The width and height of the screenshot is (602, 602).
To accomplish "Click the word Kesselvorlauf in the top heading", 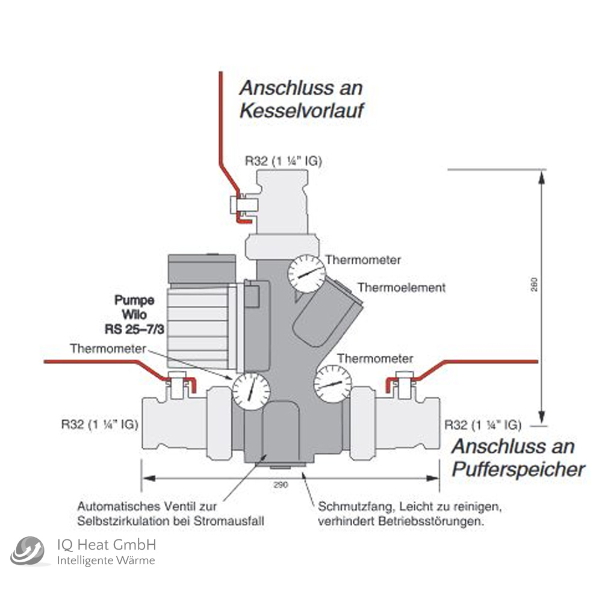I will [x=303, y=111].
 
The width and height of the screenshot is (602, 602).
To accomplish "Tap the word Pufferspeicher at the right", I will [x=518, y=470].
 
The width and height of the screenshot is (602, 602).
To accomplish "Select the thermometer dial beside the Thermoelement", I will [x=306, y=274].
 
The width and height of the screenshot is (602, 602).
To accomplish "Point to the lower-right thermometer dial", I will [x=332, y=383].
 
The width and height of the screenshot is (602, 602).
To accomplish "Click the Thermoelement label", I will [x=402, y=287].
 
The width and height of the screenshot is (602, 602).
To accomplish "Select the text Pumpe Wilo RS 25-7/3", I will [x=135, y=314].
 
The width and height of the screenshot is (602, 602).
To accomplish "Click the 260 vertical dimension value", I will [x=535, y=284].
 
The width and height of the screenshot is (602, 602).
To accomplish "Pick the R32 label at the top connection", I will [x=283, y=161].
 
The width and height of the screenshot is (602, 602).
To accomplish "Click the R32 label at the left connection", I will [x=99, y=424].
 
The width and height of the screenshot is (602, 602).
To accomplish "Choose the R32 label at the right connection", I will [x=482, y=424].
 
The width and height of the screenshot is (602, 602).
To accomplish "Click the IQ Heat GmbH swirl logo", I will [x=28, y=551].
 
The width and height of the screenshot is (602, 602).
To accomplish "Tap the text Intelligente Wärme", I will [x=105, y=561].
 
